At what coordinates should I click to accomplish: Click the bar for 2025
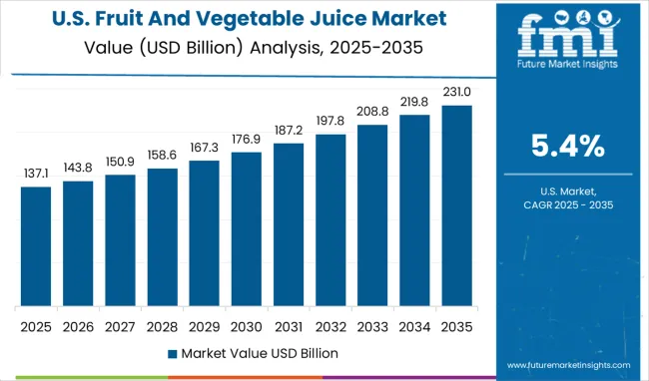point(35,246)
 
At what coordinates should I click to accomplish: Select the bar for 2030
point(246,229)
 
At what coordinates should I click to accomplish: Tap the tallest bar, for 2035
point(456,205)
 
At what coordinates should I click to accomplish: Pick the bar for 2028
point(162,237)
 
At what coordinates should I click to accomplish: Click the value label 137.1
point(35,174)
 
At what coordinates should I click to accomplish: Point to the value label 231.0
point(456,93)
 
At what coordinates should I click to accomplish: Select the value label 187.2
point(288,131)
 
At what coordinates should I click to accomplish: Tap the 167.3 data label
point(204,148)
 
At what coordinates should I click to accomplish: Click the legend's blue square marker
point(172,353)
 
